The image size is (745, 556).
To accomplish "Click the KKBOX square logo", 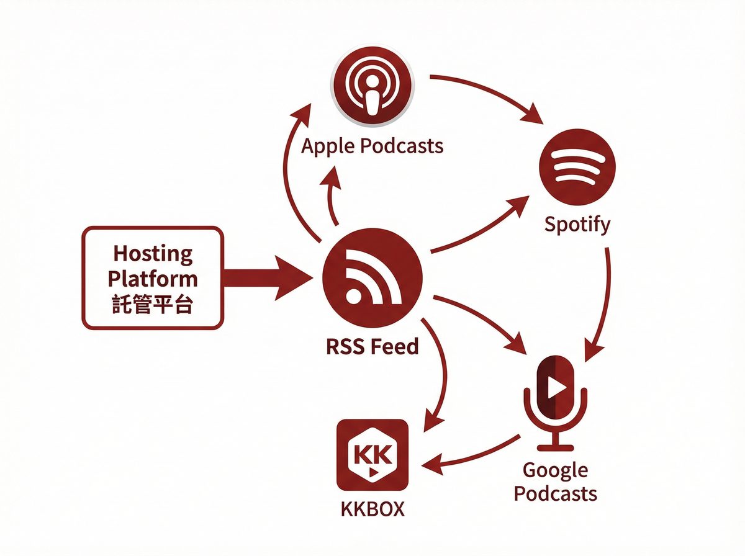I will tap(372, 455).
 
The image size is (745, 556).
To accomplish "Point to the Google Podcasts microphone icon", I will tap(556, 400).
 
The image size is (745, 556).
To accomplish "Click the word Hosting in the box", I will tap(153, 254).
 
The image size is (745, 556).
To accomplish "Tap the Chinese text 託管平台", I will tap(153, 304).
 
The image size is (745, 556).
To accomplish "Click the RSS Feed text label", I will tap(372, 346).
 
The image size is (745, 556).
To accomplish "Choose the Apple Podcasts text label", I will tap(372, 146).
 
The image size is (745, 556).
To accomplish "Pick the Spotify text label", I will tap(577, 224).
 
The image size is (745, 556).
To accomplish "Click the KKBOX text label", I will tap(372, 509).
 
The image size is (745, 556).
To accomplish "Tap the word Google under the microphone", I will tap(555, 470).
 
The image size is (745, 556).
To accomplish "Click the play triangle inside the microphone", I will tap(557, 388).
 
